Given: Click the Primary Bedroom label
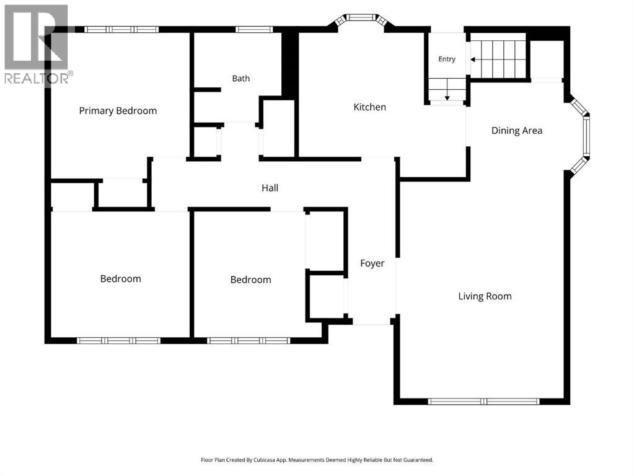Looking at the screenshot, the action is (118, 111).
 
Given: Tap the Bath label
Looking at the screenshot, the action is (241, 79).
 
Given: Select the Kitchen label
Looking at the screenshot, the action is (369, 107).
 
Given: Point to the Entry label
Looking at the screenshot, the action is (447, 59).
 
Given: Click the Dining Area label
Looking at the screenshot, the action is (517, 131).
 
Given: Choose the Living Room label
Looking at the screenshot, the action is (485, 296).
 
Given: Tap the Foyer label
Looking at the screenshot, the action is (372, 263).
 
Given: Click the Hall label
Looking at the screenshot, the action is (270, 188).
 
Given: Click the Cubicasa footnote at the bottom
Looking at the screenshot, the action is (317, 460).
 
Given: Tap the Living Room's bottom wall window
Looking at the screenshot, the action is (483, 402).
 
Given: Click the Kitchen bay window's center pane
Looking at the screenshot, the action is (361, 17).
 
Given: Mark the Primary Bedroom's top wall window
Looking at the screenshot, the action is (121, 30).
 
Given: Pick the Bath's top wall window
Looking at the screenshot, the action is (254, 30).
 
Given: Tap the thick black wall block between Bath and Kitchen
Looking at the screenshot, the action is (288, 64).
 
